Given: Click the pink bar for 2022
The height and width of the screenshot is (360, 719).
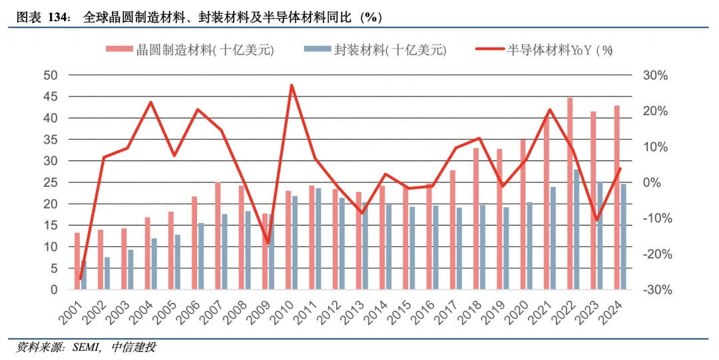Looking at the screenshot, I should pos(570,193).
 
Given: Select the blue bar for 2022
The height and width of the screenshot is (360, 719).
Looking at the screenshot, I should pos(577,229).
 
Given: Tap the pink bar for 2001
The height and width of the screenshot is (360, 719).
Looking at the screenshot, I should pos(77,261).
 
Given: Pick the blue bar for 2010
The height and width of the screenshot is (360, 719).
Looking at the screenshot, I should pos(295,242).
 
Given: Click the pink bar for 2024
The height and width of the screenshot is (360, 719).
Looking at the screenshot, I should pos(617,197).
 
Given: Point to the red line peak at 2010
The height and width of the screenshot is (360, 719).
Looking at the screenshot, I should pos(292,85).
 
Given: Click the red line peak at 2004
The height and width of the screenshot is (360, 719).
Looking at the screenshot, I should pos(150,102).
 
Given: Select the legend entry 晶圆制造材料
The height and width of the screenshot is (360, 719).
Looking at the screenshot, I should pos(190,50).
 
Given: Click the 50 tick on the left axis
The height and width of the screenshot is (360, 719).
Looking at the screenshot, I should pos(51,75).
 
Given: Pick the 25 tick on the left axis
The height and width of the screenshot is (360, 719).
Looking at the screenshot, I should pos(51,182).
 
